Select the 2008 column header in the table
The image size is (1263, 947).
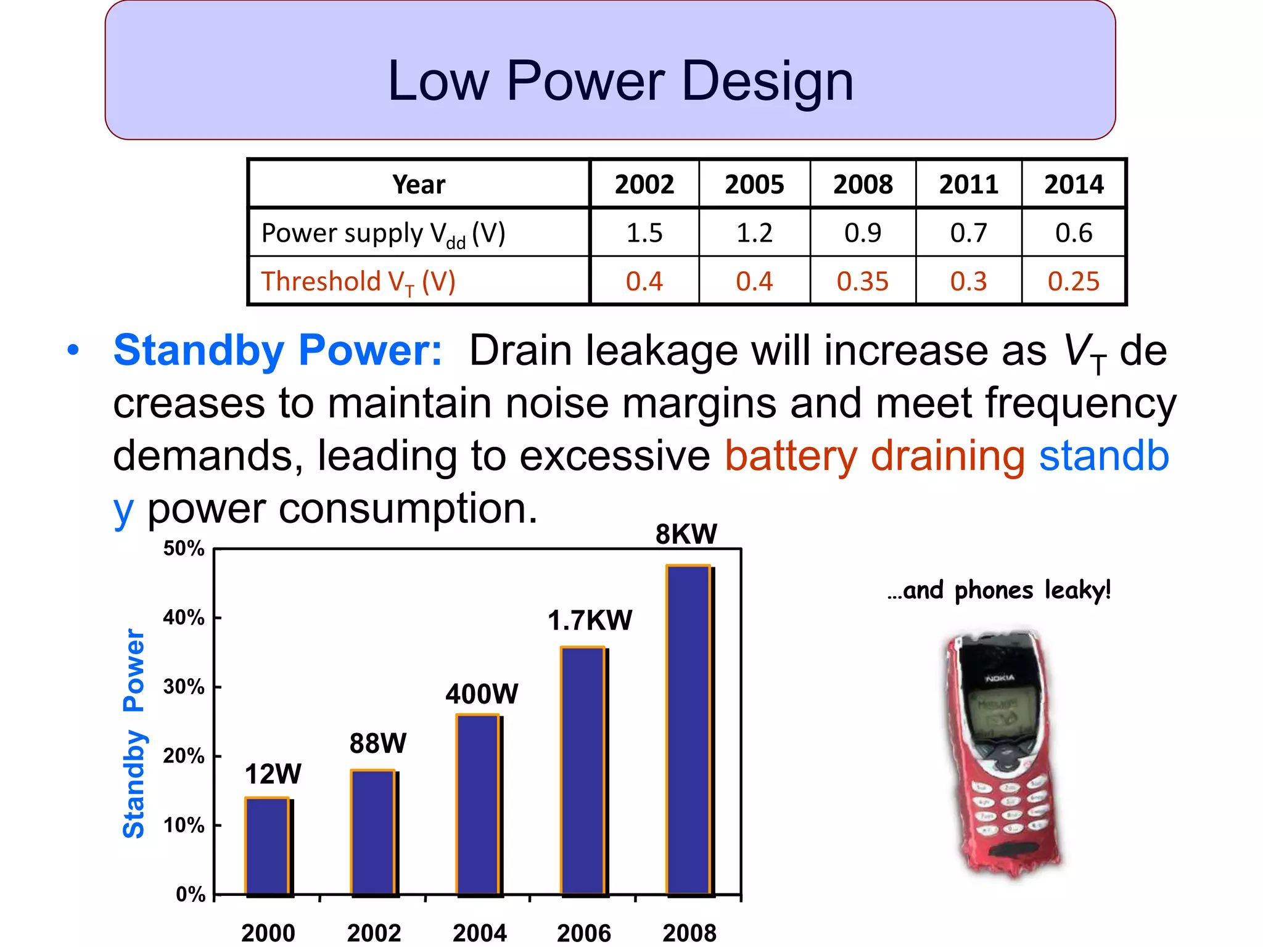pyautogui.click(x=862, y=184)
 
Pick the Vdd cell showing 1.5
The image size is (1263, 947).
pyautogui.click(x=644, y=233)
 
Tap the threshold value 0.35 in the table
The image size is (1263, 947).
pyautogui.click(x=862, y=282)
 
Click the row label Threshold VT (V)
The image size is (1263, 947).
pyautogui.click(x=358, y=282)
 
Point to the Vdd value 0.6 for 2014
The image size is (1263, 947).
pyautogui.click(x=1073, y=233)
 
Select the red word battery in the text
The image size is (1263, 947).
pyautogui.click(x=791, y=456)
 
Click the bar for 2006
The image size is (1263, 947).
pyautogui.click(x=583, y=771)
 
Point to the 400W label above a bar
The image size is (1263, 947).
pyautogui.click(x=482, y=694)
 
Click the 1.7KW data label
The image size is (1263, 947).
pyautogui.click(x=590, y=620)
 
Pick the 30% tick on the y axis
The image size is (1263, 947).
pyautogui.click(x=184, y=687)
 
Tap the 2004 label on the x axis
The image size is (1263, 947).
pyautogui.click(x=479, y=933)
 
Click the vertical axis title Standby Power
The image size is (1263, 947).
pyautogui.click(x=133, y=734)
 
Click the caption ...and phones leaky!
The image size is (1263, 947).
pyautogui.click(x=999, y=590)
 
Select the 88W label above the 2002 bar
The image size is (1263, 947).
pyautogui.click(x=377, y=744)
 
